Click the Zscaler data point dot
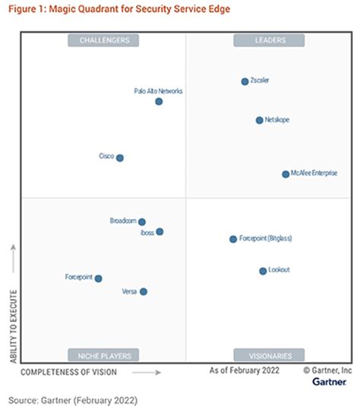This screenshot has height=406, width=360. [x=245, y=81]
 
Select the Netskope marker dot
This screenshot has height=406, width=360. [x=259, y=120]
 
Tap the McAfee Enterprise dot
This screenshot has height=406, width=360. [x=286, y=174]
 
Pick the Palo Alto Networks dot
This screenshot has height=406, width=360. [x=159, y=101]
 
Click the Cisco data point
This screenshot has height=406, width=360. [x=119, y=158]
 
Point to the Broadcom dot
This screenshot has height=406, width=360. [x=142, y=222]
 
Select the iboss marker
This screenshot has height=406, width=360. [x=159, y=232]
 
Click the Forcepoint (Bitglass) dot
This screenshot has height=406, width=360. [x=233, y=239]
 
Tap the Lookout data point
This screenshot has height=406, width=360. [x=263, y=271]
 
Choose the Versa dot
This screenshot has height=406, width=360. [x=144, y=291]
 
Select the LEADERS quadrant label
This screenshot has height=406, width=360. [x=269, y=40]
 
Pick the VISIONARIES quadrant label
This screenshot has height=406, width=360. [x=269, y=355]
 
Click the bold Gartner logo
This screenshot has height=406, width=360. [x=331, y=382]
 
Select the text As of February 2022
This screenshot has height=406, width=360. [x=244, y=370]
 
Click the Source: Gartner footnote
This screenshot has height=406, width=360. [x=73, y=398]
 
